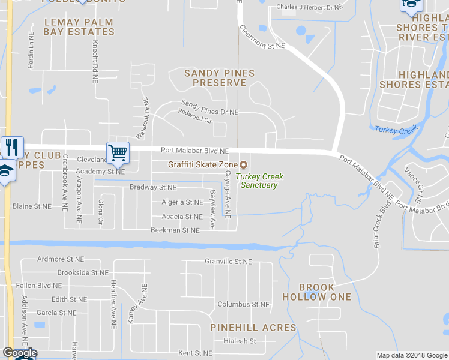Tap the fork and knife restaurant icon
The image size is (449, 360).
(x=12, y=146)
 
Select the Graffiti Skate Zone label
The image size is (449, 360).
(x=202, y=165)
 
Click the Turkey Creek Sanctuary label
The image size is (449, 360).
(x=259, y=181)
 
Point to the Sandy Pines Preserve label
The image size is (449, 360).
(x=219, y=77)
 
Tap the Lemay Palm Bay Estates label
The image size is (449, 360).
(x=79, y=27)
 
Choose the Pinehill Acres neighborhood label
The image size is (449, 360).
(x=253, y=328)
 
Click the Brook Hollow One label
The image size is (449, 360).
(x=325, y=292)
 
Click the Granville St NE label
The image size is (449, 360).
(x=228, y=262)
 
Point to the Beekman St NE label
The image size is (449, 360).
(x=174, y=230)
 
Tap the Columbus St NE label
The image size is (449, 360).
(x=243, y=304)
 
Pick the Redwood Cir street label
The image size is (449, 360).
(x=196, y=119)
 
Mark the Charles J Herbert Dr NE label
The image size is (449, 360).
(x=309, y=7)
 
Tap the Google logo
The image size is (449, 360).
(x=19, y=353)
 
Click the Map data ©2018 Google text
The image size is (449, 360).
(x=411, y=355)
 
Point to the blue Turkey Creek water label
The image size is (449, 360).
(x=396, y=130)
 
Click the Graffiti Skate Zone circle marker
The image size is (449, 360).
(x=244, y=165)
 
